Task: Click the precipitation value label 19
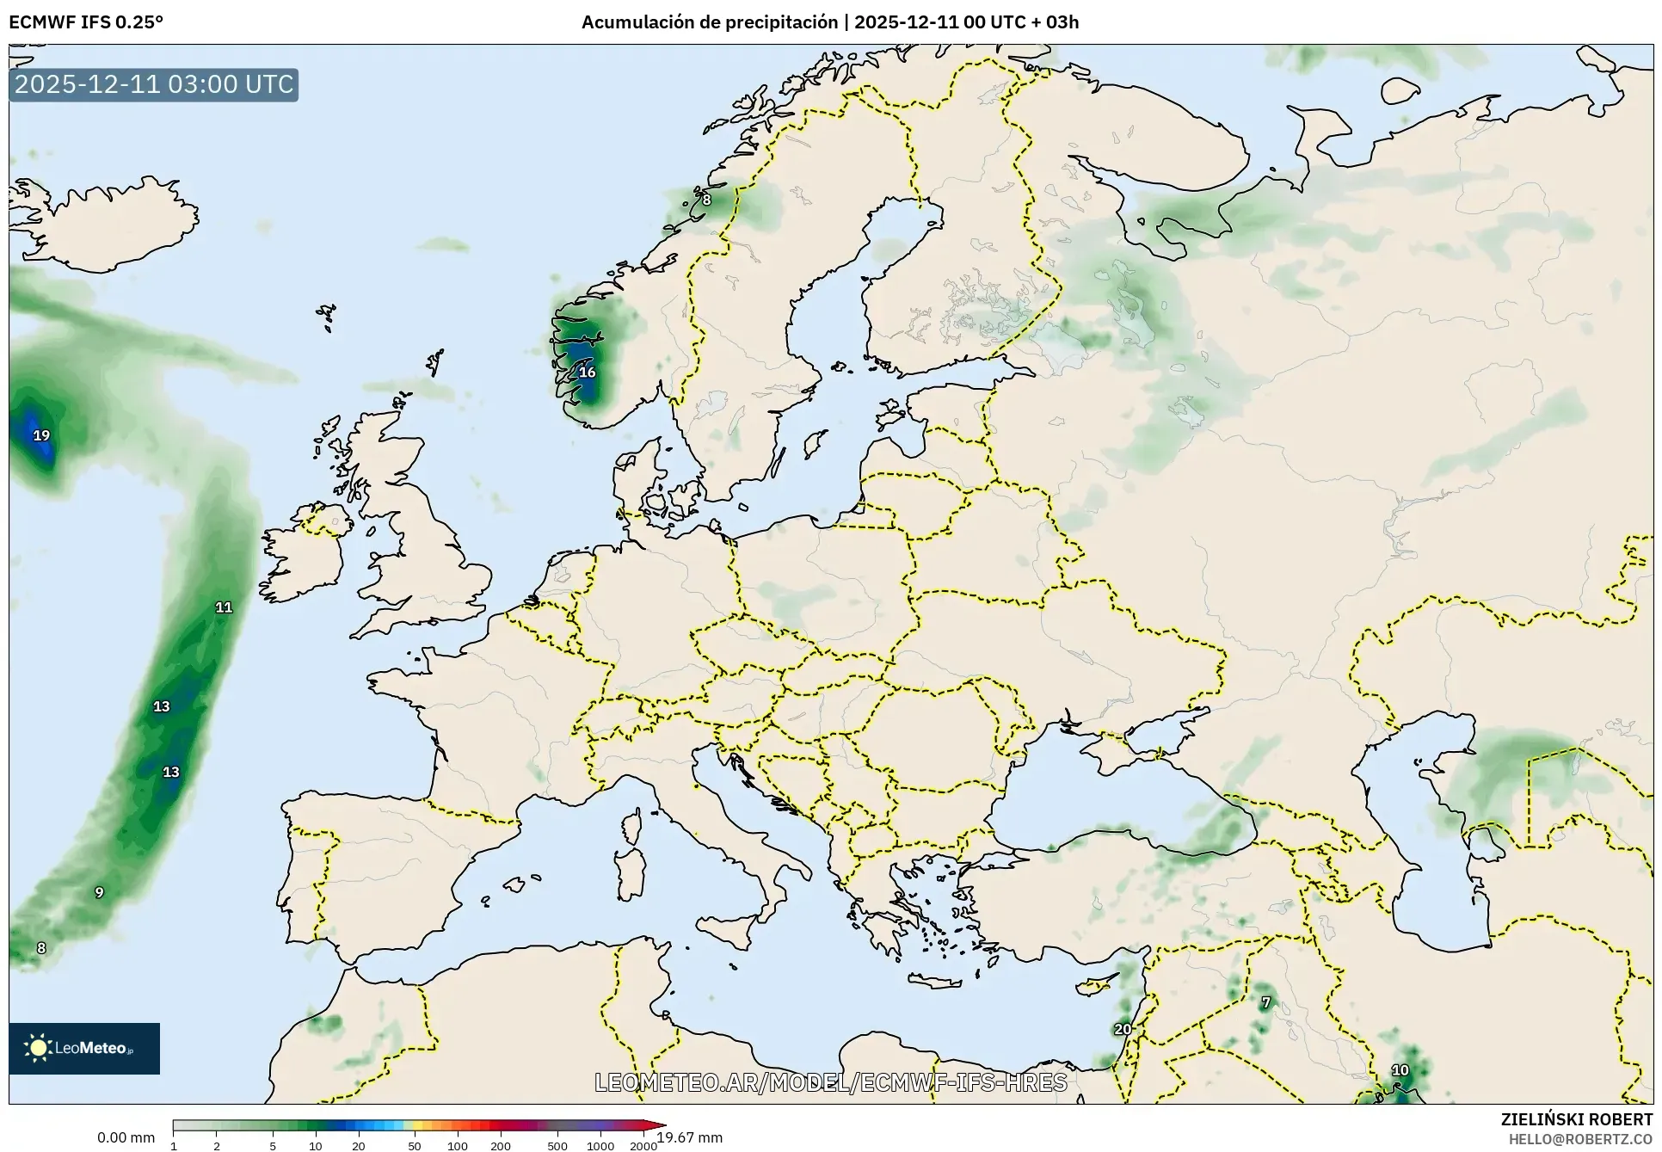[41, 435]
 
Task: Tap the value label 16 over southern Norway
[587, 373]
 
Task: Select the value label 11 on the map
[224, 607]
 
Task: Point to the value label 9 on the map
[99, 892]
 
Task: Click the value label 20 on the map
[1123, 1029]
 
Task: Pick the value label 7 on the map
[1265, 1002]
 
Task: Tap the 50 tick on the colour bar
[415, 1145]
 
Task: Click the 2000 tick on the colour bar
[643, 1145]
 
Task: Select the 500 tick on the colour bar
[557, 1145]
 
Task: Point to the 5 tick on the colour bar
[273, 1145]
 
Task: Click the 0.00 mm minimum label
[126, 1137]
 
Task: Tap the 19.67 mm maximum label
[690, 1137]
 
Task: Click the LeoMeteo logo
[84, 1048]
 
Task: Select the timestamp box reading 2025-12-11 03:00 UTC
[154, 84]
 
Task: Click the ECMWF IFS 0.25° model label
[86, 22]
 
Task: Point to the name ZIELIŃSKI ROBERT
[1576, 1119]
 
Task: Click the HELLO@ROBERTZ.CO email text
[1580, 1138]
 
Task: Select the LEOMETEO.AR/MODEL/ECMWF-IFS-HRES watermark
[831, 1082]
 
